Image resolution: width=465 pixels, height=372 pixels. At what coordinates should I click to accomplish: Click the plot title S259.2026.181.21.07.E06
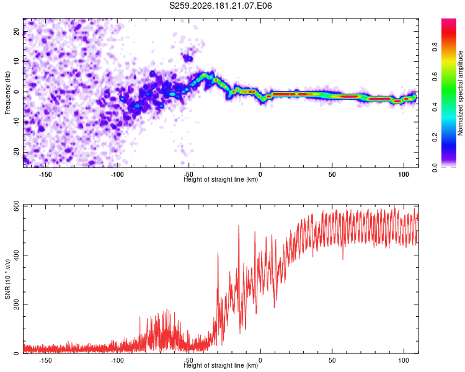220,6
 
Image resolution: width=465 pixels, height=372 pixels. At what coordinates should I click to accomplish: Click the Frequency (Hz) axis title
7,93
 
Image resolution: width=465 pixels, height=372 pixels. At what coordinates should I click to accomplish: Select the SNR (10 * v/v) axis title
7,279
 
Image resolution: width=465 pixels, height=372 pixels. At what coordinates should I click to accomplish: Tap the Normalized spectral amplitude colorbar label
460,93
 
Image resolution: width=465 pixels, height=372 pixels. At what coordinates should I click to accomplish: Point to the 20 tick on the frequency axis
16,32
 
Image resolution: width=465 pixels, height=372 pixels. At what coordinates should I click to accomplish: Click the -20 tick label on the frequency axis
16,152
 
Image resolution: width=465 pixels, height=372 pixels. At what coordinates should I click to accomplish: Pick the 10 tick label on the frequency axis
16,61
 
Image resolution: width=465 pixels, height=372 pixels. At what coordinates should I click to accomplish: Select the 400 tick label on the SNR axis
16,255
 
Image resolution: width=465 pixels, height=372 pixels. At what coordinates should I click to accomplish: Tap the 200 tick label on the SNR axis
16,304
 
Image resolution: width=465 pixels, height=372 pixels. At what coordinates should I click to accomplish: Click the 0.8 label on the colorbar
435,47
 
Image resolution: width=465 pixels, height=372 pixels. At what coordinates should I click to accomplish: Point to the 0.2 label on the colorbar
435,138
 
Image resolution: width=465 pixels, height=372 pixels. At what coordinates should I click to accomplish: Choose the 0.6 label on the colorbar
435,77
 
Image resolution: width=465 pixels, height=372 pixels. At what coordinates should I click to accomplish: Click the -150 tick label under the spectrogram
45,174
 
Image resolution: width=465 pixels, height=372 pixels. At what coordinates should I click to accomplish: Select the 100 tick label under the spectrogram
404,174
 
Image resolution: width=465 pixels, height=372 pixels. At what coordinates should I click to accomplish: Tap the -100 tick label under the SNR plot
117,360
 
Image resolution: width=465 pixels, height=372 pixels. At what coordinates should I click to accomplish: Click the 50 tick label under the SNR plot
332,360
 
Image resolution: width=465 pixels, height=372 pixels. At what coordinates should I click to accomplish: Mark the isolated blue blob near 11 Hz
188,58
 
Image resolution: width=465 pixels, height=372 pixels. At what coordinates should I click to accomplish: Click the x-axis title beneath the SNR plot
221,365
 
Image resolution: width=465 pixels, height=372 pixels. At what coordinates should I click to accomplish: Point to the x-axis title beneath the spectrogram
221,179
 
